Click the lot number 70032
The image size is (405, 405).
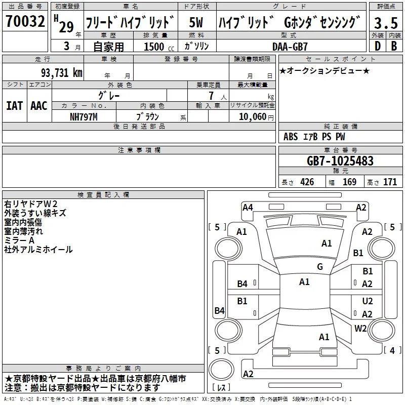pos(25,21)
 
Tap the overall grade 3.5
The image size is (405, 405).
pos(386,23)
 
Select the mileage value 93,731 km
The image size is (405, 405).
pos(61,73)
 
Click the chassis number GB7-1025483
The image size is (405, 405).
pos(340,160)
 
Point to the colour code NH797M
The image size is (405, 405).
pos(84,117)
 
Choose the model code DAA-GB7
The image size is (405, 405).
pos(290,47)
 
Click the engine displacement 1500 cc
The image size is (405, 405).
pos(159,47)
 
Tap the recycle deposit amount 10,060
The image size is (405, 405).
pos(252,117)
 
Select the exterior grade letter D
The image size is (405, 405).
pos(378,46)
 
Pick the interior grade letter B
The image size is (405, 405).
pos(394,46)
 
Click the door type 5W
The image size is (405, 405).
pos(196,22)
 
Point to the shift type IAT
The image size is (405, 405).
pos(14,106)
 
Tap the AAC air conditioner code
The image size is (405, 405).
pos(39,106)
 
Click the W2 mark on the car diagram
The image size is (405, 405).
pos(360,328)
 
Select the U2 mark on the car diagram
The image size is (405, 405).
pos(368,301)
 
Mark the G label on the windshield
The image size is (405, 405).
pos(320,266)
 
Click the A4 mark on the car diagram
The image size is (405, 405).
pos(248,208)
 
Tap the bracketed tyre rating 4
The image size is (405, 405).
pos(392,350)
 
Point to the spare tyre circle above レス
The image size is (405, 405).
pos(221,370)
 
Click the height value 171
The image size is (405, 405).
pos(390,182)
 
